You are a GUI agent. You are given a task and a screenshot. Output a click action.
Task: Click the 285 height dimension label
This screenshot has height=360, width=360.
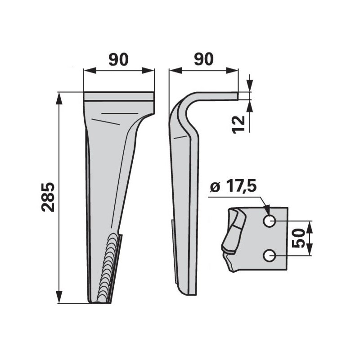tap(48, 197)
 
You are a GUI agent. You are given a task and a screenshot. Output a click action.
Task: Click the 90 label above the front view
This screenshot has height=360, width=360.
tap(118, 59)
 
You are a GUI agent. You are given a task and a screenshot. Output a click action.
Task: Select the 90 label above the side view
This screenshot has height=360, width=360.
tap(204, 59)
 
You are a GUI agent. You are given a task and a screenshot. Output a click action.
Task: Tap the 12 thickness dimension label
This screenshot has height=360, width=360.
tap(238, 125)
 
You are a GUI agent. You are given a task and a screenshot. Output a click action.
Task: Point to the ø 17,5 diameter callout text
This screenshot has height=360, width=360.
tap(233, 186)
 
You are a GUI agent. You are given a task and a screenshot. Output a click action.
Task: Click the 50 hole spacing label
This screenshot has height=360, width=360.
tap(298, 238)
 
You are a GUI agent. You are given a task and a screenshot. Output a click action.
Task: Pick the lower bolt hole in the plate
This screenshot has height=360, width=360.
tap(269, 256)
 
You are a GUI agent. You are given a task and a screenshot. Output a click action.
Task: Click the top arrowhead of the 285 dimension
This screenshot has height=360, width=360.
tap(59, 98)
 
